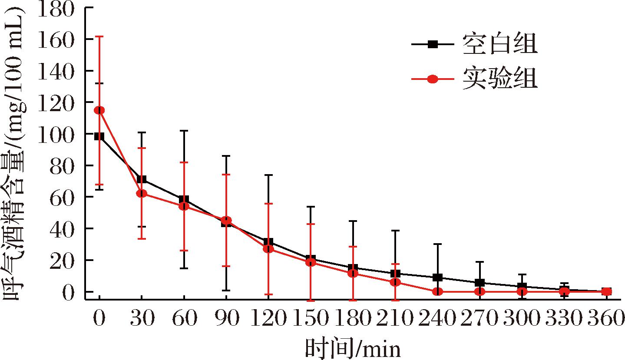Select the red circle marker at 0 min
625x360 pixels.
point(99,110)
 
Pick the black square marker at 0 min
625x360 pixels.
point(99,136)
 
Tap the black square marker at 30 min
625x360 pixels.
point(142,179)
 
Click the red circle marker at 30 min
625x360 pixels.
point(142,193)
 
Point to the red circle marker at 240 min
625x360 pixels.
point(438,291)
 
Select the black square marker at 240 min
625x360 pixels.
point(438,277)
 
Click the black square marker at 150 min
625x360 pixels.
point(311,259)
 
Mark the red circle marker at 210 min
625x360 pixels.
point(395,282)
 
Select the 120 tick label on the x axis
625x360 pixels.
point(268,320)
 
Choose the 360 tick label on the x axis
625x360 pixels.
point(605,320)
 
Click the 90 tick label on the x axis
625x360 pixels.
point(226,320)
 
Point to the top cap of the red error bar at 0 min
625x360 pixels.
point(99,37)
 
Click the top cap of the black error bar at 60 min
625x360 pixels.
point(184,131)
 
